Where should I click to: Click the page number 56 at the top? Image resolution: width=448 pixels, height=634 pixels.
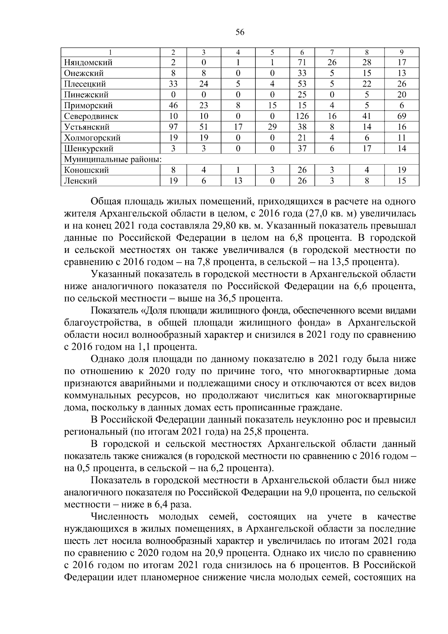tap(240, 33)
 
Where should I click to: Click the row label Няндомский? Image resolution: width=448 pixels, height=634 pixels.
tap(88, 62)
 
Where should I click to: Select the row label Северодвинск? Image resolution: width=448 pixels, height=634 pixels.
tap(91, 116)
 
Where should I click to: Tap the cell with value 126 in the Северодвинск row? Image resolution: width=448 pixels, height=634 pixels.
tap(302, 116)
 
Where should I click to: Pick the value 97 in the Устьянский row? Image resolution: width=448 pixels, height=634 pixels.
tap(173, 127)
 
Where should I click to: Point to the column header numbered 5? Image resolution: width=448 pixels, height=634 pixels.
tap(272, 52)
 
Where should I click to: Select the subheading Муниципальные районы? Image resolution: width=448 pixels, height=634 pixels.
tap(113, 160)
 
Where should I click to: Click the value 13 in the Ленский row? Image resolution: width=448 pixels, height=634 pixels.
tap(238, 181)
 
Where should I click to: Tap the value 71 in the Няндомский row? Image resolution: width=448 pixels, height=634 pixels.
tap(302, 62)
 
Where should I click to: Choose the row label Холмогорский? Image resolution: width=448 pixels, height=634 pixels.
tap(92, 138)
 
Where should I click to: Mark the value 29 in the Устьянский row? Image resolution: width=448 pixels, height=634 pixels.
tap(272, 127)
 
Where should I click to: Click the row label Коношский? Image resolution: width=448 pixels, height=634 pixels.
tap(86, 170)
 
